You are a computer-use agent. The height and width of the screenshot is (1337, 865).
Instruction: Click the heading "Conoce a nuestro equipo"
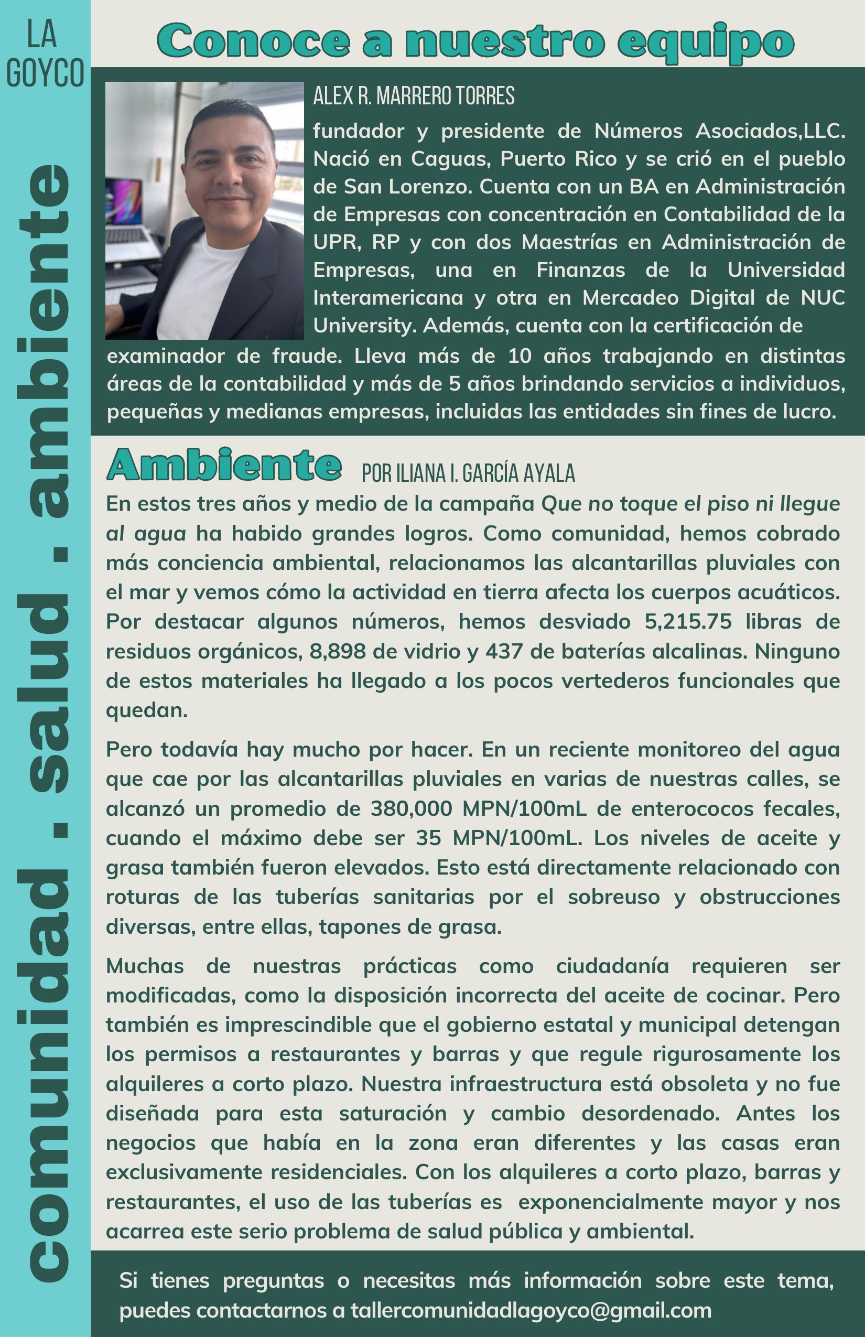pos(476,41)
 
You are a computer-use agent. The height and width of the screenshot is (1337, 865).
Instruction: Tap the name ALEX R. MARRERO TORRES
pos(414,96)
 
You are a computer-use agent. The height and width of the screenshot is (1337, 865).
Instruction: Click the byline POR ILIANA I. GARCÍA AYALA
pos(468,473)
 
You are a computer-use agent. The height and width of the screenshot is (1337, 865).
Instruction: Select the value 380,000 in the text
pos(411,809)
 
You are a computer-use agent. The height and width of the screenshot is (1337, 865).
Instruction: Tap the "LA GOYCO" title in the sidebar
pos(45,55)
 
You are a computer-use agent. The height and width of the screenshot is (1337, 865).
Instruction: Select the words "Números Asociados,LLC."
pos(719,131)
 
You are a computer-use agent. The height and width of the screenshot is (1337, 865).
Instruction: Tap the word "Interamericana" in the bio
pos(388,298)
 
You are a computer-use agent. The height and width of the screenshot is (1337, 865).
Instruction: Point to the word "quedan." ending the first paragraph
pos(147,710)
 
